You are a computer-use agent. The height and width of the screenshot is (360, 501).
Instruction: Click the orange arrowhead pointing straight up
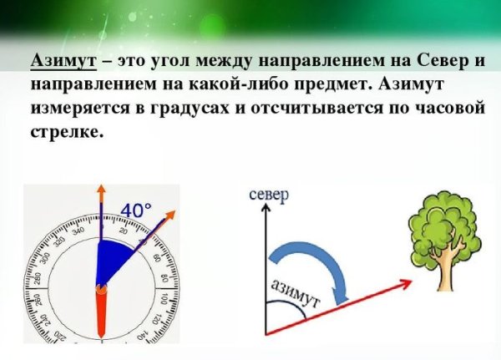pos(100,190)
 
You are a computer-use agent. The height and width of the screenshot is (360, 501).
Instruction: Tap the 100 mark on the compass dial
pos(164,298)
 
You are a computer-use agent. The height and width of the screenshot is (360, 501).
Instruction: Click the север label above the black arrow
pos(268,195)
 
